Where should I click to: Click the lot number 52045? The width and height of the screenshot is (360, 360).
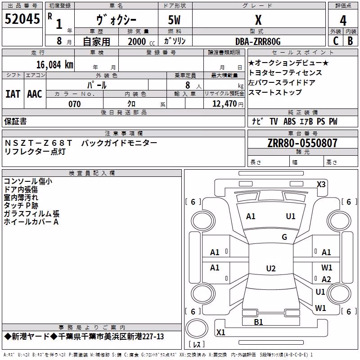pyautogui.click(x=22, y=19)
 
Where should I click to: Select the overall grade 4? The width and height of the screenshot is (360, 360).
pyautogui.click(x=343, y=21)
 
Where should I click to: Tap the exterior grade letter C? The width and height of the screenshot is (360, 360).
pyautogui.click(x=336, y=41)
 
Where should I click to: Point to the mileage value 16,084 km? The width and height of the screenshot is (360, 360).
pyautogui.click(x=54, y=65)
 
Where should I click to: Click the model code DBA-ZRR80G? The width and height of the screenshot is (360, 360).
pyautogui.click(x=258, y=41)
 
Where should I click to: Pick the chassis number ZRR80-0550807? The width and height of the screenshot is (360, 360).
pyautogui.click(x=302, y=143)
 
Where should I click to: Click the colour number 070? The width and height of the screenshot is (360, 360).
pyautogui.click(x=75, y=104)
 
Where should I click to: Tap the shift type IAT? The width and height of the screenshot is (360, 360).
pyautogui.click(x=13, y=94)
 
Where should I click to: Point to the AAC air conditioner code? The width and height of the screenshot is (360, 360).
pyautogui.click(x=35, y=94)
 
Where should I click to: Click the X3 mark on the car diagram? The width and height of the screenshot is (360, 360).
pyautogui.click(x=321, y=184)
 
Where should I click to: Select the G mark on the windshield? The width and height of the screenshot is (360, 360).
pyautogui.click(x=284, y=237)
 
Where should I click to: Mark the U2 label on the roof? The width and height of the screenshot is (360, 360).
pyautogui.click(x=271, y=268)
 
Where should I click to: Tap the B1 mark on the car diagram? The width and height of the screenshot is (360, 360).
pyautogui.click(x=258, y=322)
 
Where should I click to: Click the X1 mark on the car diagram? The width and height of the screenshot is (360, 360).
pyautogui.click(x=220, y=332)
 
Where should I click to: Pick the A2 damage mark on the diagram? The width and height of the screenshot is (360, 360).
pyautogui.click(x=326, y=279)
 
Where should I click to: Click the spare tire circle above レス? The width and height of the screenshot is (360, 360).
pyautogui.click(x=197, y=328)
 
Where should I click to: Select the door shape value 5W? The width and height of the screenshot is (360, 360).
pyautogui.click(x=174, y=20)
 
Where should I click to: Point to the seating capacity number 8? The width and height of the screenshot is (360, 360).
pyautogui.click(x=188, y=85)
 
